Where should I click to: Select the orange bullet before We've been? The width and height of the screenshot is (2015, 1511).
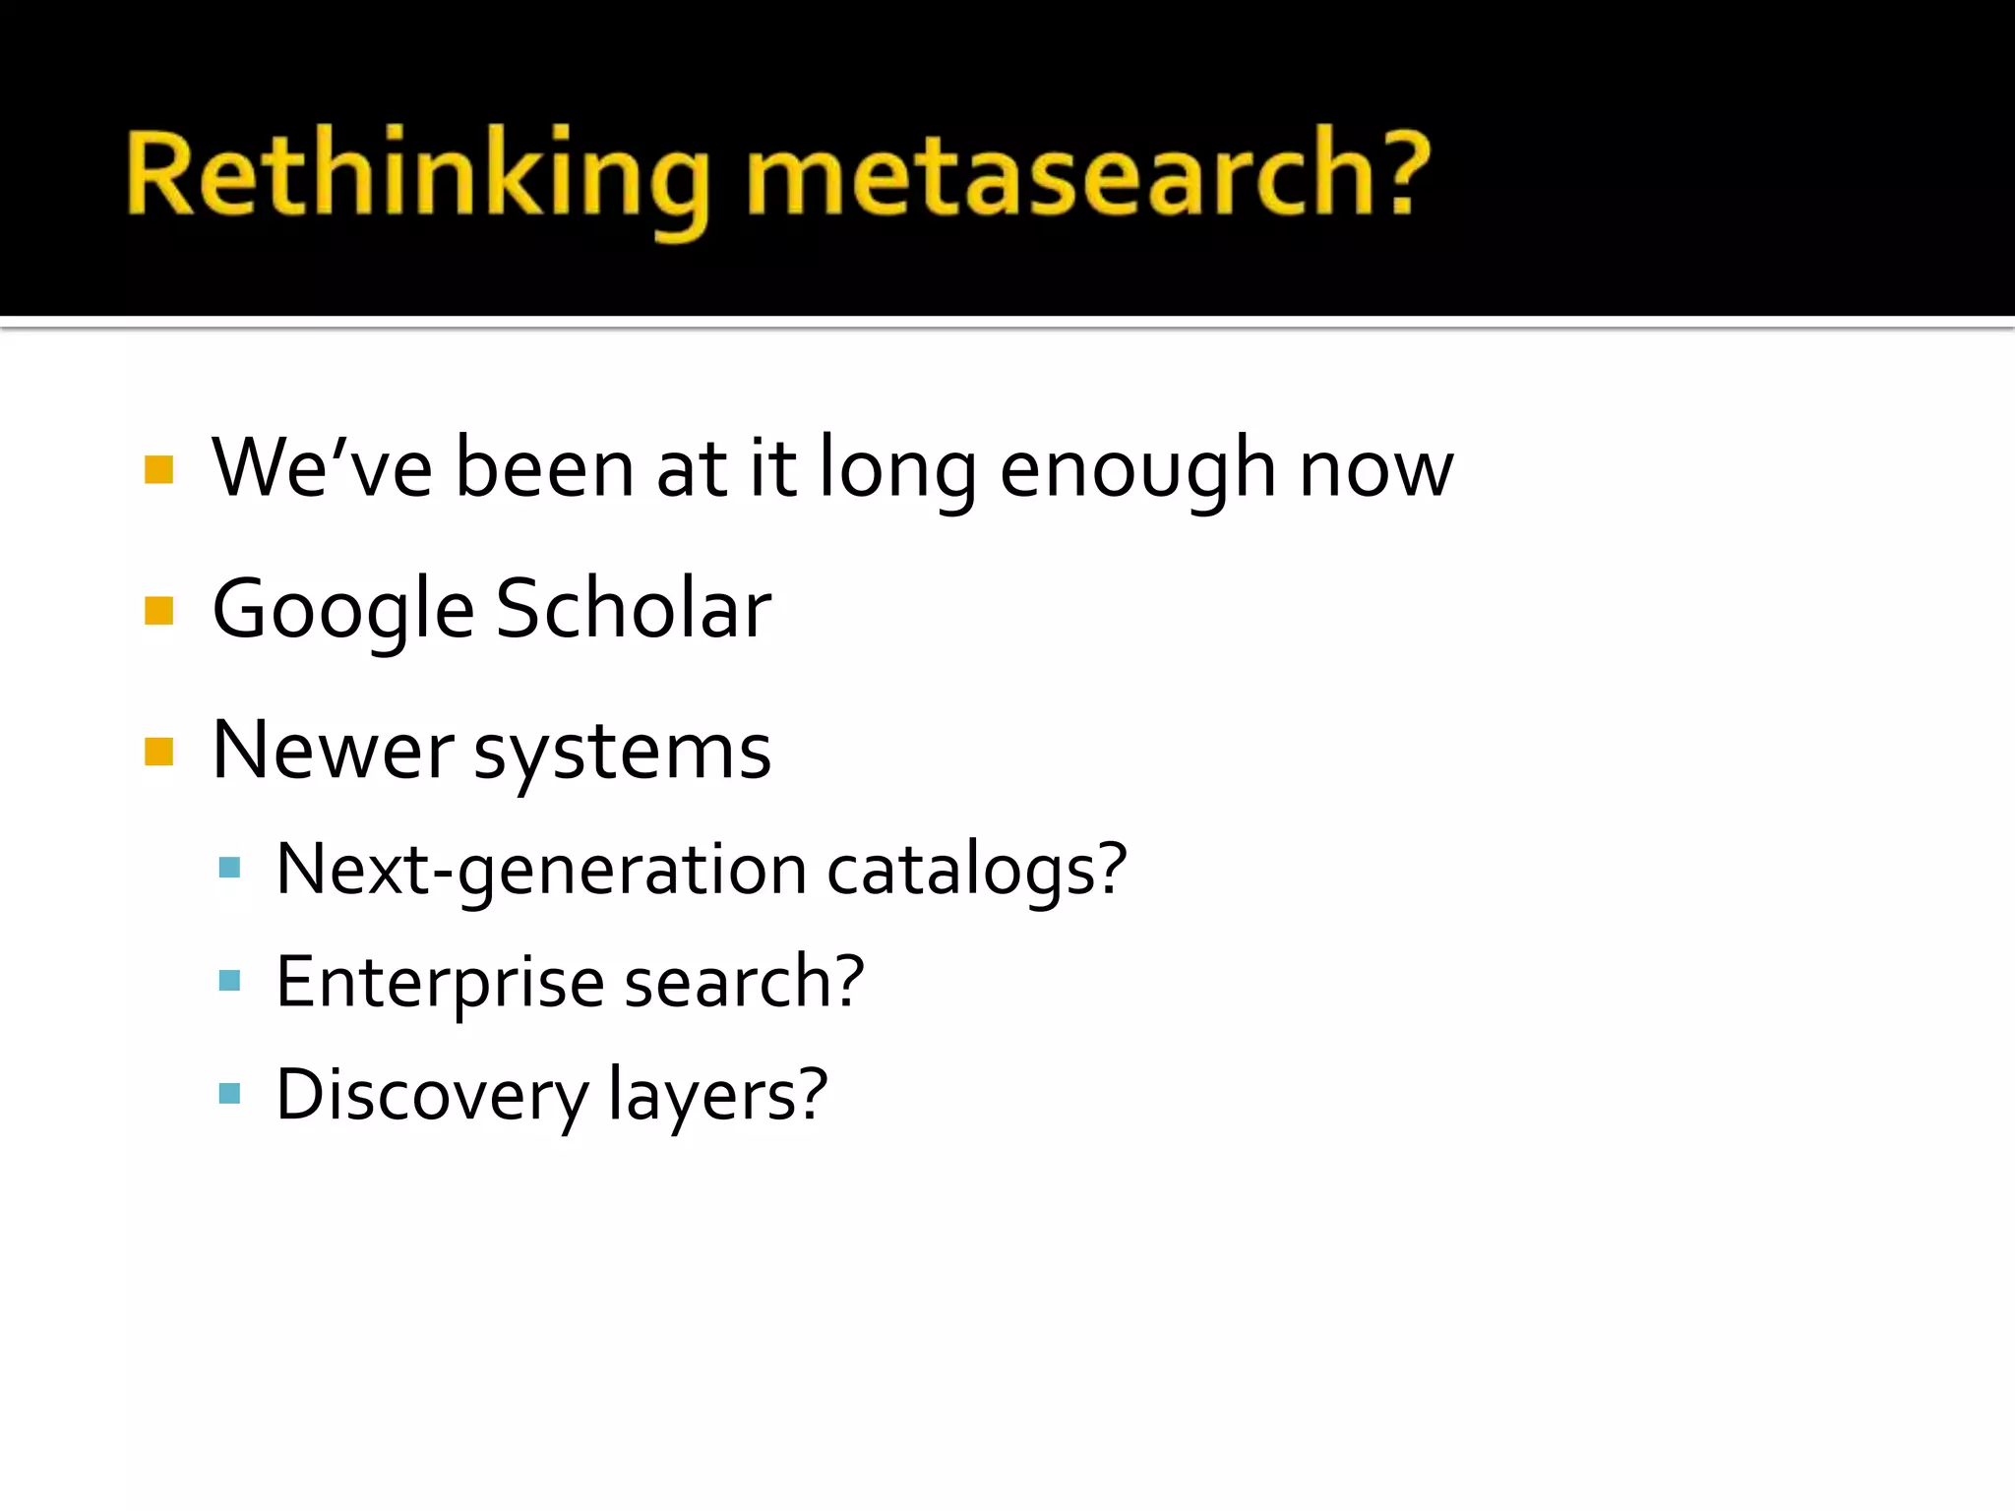[158, 469]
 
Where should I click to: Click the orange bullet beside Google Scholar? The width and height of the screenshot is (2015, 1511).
[158, 611]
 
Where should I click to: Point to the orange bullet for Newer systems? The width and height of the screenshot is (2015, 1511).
[158, 752]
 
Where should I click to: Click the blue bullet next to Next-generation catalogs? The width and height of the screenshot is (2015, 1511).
[230, 868]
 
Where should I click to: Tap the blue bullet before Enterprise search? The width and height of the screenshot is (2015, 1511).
[230, 980]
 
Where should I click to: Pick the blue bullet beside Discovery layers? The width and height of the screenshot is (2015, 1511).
[230, 1093]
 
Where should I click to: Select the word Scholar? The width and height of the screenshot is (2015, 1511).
[634, 610]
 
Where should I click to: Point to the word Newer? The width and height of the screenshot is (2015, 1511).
[333, 751]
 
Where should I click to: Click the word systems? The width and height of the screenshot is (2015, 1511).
[623, 755]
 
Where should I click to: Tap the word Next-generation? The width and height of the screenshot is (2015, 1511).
[541, 871]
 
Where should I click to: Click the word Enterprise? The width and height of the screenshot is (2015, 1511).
[439, 983]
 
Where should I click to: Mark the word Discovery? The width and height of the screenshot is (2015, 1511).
[431, 1096]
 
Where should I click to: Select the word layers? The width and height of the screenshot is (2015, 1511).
[718, 1096]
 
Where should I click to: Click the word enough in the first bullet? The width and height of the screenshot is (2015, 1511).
[1137, 470]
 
